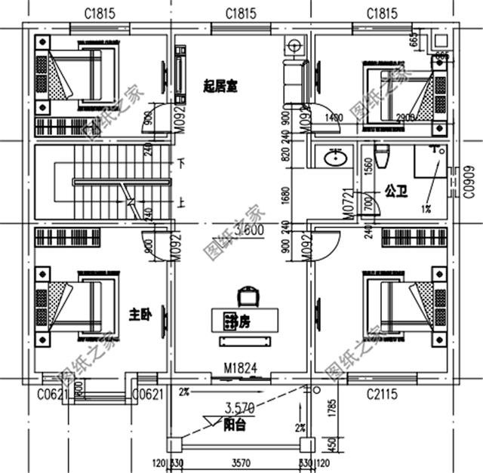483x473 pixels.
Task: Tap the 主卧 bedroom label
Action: click(x=140, y=313)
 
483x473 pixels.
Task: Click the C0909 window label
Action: click(x=469, y=180)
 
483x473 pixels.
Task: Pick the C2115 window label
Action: click(x=383, y=393)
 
